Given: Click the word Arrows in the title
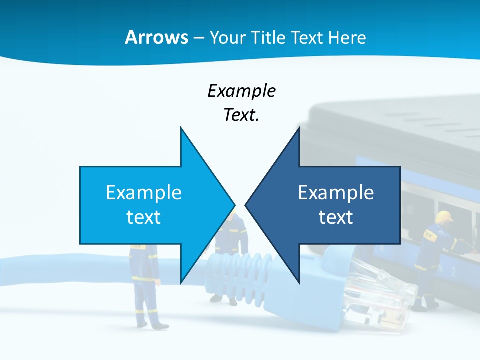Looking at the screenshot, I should click(x=157, y=37).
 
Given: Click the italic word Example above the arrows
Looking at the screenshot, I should click(x=241, y=91).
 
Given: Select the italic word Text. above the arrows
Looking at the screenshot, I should click(x=241, y=115).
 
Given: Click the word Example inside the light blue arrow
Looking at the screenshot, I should click(x=144, y=192).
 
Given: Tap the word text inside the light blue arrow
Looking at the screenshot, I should click(x=144, y=217).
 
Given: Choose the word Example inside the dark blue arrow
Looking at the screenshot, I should click(x=336, y=192).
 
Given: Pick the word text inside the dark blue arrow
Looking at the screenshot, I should click(x=336, y=217).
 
